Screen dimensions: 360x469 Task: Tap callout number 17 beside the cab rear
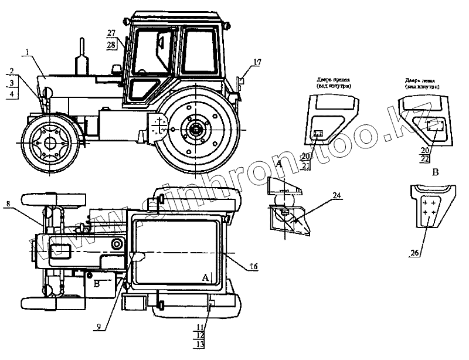[257, 62]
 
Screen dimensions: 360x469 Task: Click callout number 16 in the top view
[253, 266]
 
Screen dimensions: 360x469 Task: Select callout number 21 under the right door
[305, 166]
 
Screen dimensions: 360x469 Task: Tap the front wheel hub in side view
[50, 142]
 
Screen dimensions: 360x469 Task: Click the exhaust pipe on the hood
[80, 56]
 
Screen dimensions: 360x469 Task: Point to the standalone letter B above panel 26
[435, 173]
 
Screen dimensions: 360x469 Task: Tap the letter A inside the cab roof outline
[205, 276]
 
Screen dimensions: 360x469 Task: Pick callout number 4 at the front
[12, 94]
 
